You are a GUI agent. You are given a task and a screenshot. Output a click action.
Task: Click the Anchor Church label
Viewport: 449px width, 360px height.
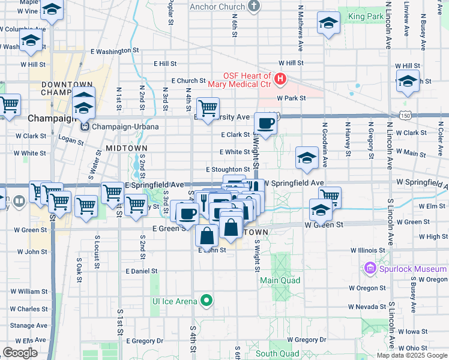[x=217, y=7]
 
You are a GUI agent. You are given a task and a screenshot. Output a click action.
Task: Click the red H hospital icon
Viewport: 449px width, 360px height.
[x=280, y=79]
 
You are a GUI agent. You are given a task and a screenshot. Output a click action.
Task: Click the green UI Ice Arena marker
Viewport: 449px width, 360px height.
[x=206, y=300]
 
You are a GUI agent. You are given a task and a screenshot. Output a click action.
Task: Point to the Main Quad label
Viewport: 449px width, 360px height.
[x=276, y=280]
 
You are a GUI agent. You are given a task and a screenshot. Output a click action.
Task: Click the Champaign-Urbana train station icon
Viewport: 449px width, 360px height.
[x=85, y=127]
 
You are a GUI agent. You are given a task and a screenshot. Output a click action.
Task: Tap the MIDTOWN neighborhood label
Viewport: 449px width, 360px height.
[x=126, y=147]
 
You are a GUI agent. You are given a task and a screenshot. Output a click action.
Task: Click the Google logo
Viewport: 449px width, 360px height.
[x=20, y=353]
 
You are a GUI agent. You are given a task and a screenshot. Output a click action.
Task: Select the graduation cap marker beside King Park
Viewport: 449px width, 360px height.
[x=328, y=23]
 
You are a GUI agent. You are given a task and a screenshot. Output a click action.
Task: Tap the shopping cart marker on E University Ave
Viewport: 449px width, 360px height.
[x=208, y=109]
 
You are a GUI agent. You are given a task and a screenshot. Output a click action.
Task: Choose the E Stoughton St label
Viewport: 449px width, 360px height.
[x=228, y=170]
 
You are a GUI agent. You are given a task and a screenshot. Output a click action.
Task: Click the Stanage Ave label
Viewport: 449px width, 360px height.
[x=28, y=325]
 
